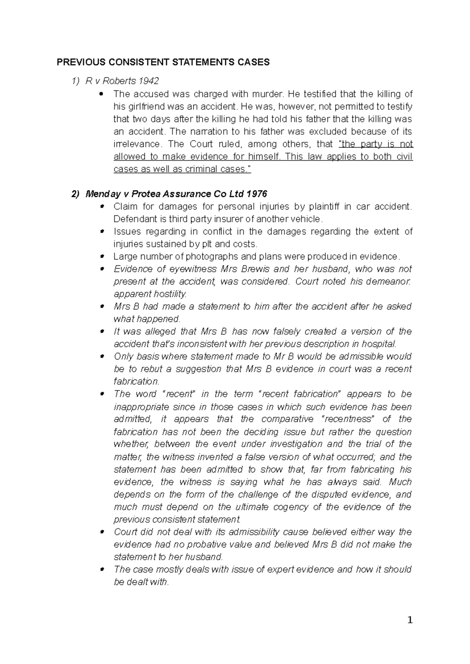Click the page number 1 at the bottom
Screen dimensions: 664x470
click(x=410, y=620)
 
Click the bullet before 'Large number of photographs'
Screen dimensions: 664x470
click(x=101, y=257)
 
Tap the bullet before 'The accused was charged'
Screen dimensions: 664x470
click(x=102, y=94)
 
